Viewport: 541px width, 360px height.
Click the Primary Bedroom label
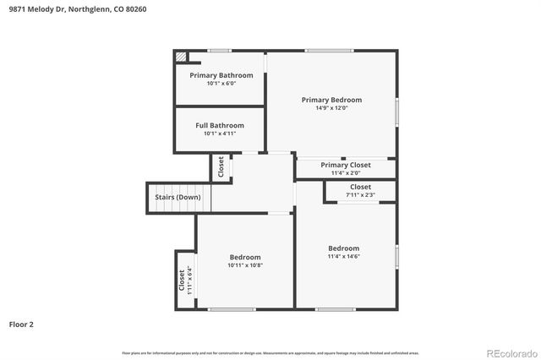(331, 100)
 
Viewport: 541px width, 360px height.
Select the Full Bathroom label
(219, 125)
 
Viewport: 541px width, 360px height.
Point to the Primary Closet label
(346, 165)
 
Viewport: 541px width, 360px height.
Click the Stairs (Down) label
(178, 198)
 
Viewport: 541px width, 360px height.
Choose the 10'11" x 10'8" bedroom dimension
(245, 265)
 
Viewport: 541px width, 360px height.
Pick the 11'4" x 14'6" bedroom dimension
(344, 256)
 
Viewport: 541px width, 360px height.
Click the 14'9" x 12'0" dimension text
(331, 108)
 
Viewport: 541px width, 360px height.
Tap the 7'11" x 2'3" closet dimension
(360, 195)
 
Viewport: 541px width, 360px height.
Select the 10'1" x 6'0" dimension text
(221, 83)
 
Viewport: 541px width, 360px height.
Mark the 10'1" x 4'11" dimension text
(220, 134)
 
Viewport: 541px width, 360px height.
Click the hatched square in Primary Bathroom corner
(181, 57)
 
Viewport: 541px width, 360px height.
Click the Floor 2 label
(21, 324)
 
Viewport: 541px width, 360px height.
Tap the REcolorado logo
(511, 352)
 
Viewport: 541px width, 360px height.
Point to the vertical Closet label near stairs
(221, 167)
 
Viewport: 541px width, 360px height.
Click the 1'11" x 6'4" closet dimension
(190, 280)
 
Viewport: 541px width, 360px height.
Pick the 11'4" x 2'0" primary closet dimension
(345, 172)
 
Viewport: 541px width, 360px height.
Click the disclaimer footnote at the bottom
(270, 352)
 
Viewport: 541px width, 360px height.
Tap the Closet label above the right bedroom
(360, 187)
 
